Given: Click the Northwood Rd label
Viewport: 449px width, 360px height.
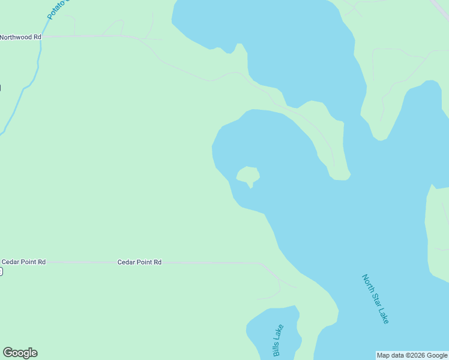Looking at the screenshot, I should tap(21, 37).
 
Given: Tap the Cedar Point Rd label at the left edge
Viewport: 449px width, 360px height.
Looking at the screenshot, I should tap(23, 262).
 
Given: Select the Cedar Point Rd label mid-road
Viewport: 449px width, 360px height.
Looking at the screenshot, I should tap(139, 262).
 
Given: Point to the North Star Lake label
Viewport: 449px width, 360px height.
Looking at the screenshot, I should tap(376, 299).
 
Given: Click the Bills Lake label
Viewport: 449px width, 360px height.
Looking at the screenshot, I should tap(278, 340).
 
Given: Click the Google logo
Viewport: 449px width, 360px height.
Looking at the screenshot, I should tap(20, 353).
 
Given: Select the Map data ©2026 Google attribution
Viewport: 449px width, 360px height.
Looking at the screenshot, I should tap(412, 355).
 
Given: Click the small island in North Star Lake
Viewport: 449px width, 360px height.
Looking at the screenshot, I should tap(247, 175).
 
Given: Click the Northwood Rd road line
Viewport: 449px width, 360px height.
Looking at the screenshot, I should tap(90, 37).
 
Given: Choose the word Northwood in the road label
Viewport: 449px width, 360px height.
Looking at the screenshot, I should tap(16, 37).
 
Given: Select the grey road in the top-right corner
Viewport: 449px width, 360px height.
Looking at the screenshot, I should tap(441, 8).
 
